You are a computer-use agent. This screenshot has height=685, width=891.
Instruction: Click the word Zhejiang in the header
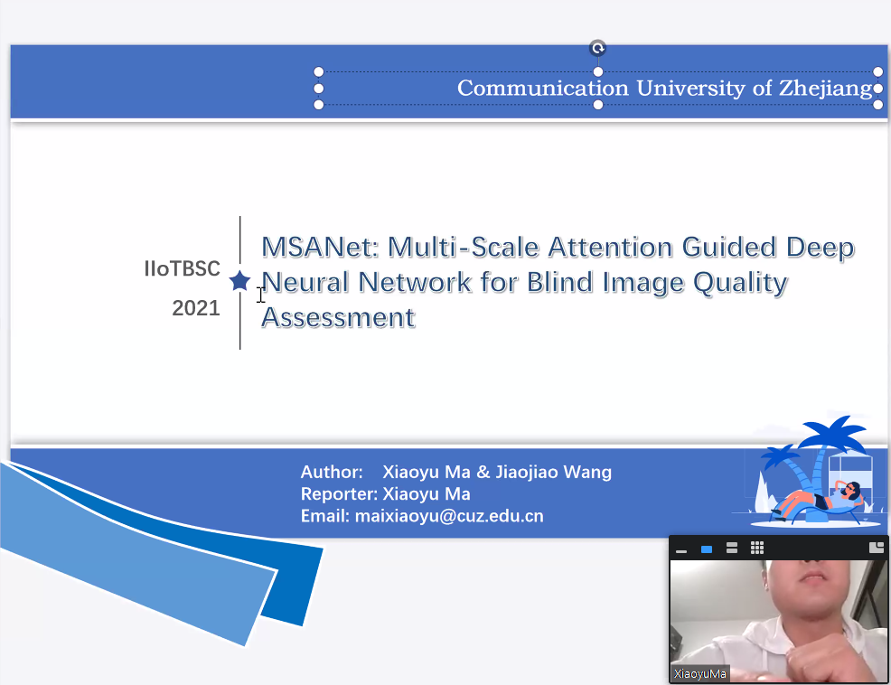(826, 89)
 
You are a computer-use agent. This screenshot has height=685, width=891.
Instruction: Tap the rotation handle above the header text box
(598, 48)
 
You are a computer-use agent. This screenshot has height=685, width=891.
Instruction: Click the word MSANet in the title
(320, 248)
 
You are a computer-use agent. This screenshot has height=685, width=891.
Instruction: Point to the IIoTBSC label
(182, 268)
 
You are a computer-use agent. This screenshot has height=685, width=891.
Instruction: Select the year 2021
(196, 308)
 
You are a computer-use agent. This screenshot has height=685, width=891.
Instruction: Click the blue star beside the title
(239, 281)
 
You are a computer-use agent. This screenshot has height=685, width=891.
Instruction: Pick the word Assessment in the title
(338, 318)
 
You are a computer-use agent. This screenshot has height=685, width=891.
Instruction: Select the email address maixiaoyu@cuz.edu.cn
(449, 516)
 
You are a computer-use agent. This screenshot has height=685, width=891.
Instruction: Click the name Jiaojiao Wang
(553, 473)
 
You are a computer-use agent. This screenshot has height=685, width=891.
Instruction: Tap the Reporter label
(339, 494)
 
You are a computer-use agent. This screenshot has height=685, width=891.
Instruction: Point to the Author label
(332, 472)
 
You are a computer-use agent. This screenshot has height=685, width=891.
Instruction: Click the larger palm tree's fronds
(831, 433)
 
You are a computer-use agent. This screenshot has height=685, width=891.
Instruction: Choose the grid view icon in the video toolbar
(757, 548)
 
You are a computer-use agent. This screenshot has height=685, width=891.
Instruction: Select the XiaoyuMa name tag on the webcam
(700, 673)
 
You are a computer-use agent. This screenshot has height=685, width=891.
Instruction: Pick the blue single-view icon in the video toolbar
(707, 549)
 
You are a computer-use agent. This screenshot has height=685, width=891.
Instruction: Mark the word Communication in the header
(543, 89)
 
